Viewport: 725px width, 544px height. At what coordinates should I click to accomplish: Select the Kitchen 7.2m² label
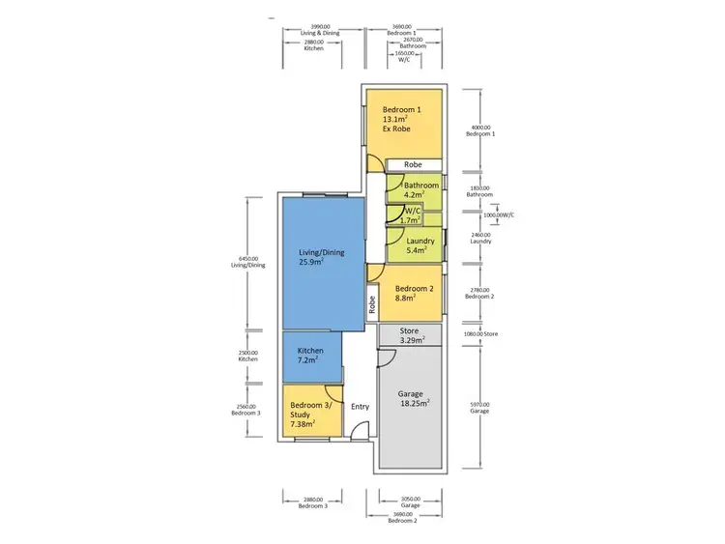coord(311,356)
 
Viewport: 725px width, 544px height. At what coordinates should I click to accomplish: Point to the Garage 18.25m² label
coord(414,398)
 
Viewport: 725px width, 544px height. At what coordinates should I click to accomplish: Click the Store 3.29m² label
coord(409,335)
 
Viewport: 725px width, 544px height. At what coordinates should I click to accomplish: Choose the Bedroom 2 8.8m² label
coord(414,294)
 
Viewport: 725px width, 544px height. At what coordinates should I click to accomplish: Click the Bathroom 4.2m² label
coord(420,189)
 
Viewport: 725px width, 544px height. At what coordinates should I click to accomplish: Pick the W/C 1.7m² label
coord(412,215)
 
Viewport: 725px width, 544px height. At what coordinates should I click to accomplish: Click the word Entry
coord(360,407)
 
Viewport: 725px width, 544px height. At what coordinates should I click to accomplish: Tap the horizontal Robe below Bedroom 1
coord(413,165)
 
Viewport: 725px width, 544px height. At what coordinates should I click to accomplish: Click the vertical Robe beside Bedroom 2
coord(372,304)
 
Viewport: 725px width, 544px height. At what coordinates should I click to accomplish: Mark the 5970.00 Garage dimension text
coord(479,407)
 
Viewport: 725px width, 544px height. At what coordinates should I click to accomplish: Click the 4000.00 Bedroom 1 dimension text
coord(479,130)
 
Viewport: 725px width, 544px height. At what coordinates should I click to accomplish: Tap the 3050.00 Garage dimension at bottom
coord(410,502)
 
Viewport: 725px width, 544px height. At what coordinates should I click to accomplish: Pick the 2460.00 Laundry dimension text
coord(479,238)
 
